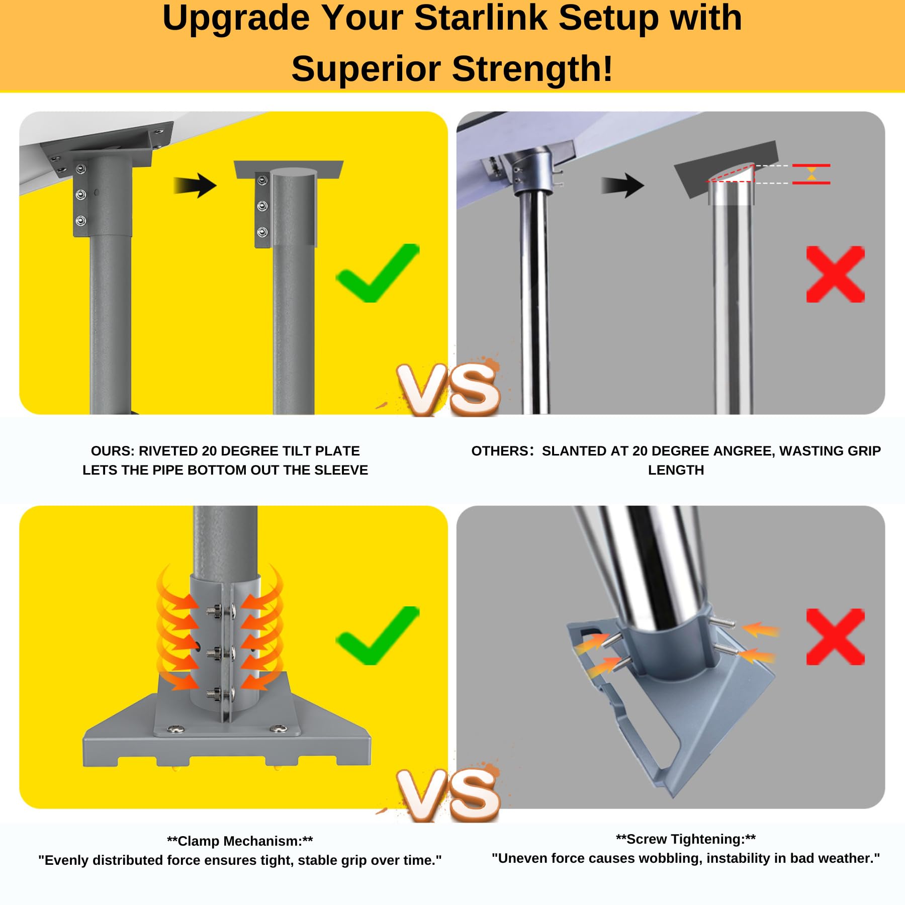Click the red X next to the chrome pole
(x=835, y=274)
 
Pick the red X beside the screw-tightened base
(x=835, y=637)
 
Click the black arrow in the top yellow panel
(x=196, y=185)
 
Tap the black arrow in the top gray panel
(x=623, y=185)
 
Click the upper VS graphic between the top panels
(x=449, y=390)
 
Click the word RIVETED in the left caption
(x=168, y=451)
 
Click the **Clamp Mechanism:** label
(x=240, y=841)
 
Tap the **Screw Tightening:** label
(x=686, y=839)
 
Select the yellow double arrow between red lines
(x=811, y=174)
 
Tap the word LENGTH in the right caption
(x=676, y=470)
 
